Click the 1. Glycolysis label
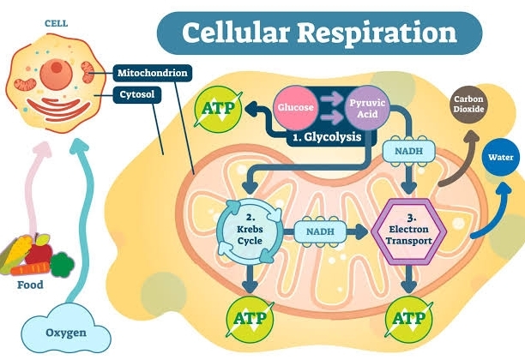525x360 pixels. pos(329,137)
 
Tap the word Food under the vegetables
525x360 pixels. pos(30,285)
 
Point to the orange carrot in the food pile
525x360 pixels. pos(60,265)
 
